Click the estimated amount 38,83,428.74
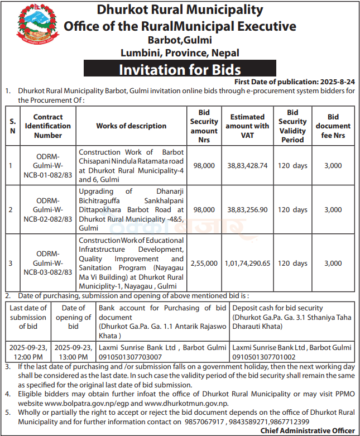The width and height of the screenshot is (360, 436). tap(247, 166)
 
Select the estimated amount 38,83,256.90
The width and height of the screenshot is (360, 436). tap(247, 210)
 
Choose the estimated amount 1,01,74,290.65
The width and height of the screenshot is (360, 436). tap(247, 263)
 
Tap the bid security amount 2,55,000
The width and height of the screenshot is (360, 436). tap(204, 263)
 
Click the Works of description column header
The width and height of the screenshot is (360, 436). tap(131, 126)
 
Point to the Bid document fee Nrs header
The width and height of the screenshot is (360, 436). tap(333, 126)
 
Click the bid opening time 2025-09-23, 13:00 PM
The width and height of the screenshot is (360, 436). tap(74, 352)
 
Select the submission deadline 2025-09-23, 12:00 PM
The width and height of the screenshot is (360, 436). tap(28, 352)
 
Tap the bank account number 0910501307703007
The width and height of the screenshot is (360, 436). tap(130, 356)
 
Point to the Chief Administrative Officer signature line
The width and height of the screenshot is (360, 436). tap(307, 430)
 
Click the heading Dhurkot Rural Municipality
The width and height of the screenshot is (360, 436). tap(180, 9)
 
